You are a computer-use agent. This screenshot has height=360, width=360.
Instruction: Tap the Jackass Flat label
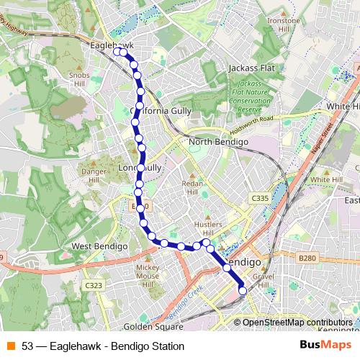[x=251, y=68]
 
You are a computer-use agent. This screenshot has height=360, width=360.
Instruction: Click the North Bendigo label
[x=218, y=143]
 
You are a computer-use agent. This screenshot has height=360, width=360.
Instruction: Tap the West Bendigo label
[x=99, y=246]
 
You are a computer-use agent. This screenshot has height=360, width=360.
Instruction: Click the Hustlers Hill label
[x=209, y=228]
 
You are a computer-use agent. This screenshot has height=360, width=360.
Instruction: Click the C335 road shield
[x=260, y=197]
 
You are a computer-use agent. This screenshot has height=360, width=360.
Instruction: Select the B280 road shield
[x=307, y=256]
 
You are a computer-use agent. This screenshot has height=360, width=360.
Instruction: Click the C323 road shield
[x=92, y=285]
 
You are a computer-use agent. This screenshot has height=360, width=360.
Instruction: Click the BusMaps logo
[x=325, y=346]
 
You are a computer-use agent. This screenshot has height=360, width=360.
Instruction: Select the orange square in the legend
[x=10, y=346]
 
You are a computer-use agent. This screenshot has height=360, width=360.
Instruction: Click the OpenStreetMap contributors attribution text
[x=296, y=323]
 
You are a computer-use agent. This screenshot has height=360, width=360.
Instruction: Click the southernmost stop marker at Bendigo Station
[x=243, y=291]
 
